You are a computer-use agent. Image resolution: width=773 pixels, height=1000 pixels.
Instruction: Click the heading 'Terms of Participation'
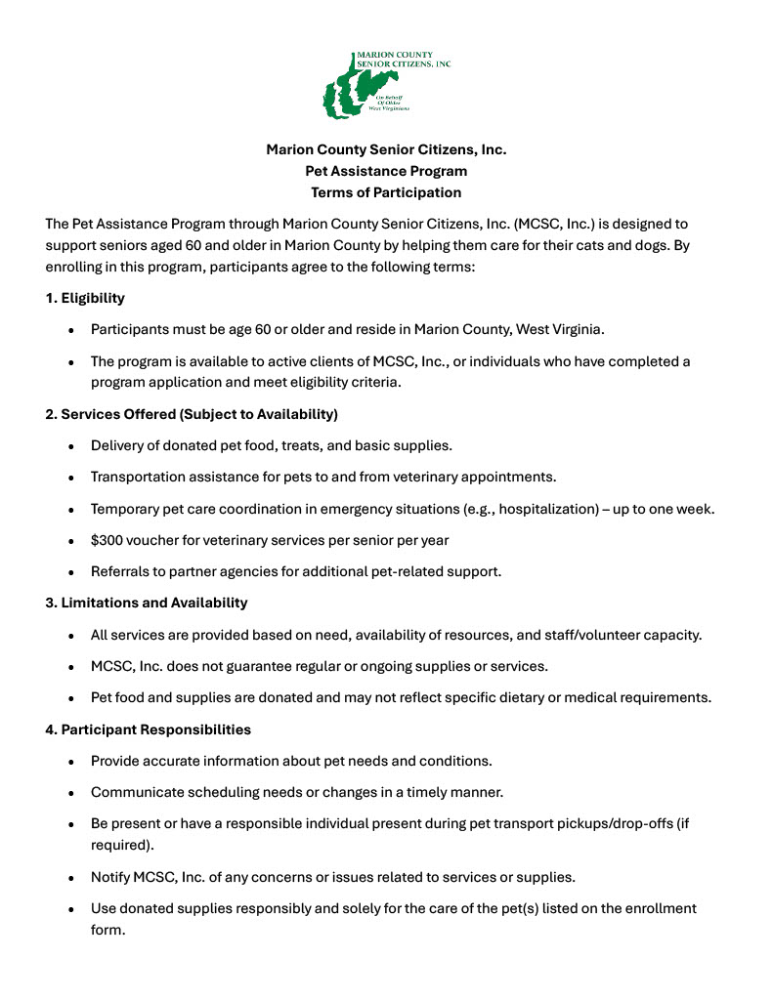pos(386,192)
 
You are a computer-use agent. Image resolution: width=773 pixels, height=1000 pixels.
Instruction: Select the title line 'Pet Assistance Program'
pos(386,171)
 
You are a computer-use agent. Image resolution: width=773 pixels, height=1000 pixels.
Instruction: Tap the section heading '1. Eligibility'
pos(85,297)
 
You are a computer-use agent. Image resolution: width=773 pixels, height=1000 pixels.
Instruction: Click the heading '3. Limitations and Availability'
pos(147,603)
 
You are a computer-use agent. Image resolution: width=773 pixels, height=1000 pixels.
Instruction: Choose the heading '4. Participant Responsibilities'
pos(148,729)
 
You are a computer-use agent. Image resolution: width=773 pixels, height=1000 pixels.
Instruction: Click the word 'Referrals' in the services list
pos(121,571)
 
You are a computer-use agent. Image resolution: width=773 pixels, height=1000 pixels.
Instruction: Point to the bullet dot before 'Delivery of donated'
pos(71,446)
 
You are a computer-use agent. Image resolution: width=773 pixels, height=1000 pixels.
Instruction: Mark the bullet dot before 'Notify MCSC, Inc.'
pos(71,877)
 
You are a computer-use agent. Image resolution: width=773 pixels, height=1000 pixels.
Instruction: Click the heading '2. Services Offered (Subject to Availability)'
pos(192,414)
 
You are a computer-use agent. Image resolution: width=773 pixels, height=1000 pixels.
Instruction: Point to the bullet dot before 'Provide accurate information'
pos(71,761)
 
